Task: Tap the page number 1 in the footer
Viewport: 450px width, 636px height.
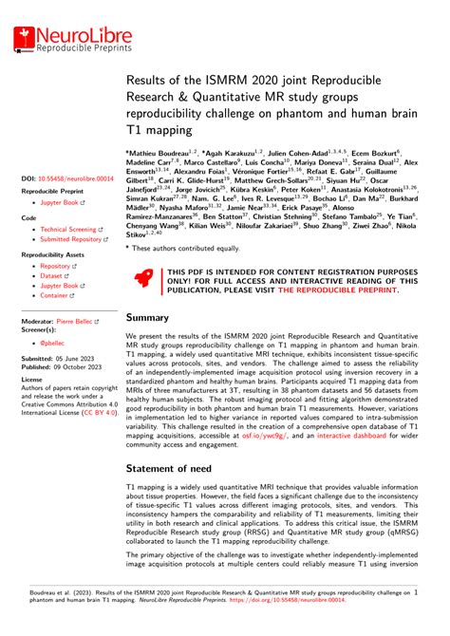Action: (x=416, y=590)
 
